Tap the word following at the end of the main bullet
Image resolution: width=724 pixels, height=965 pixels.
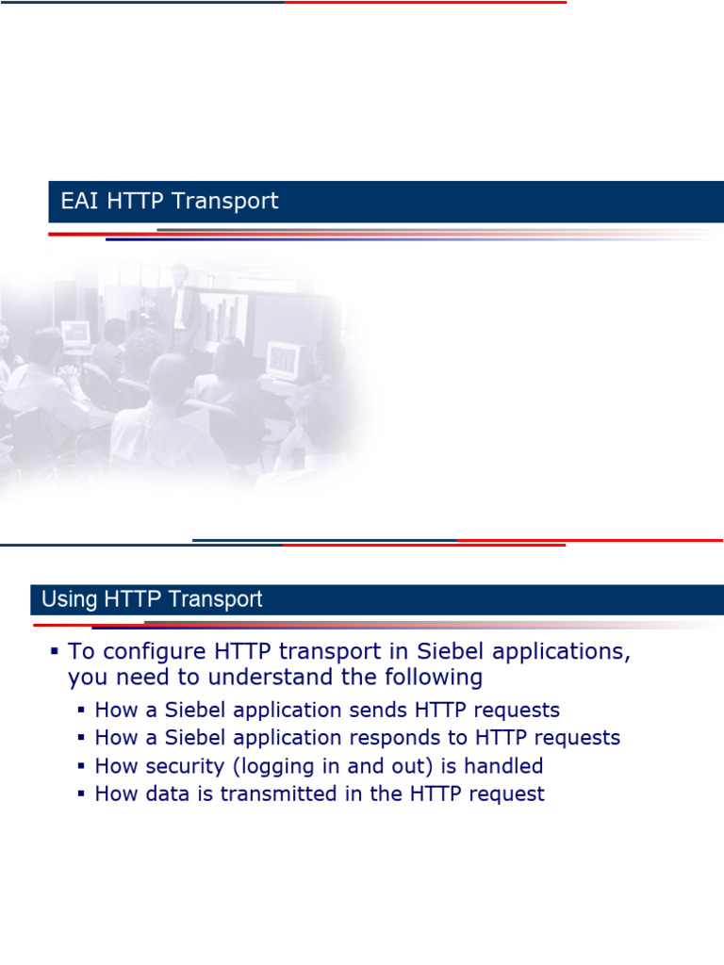tap(431, 678)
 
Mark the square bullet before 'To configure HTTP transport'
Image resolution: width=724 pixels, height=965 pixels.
tap(55, 651)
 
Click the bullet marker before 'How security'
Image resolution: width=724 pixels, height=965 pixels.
tap(82, 766)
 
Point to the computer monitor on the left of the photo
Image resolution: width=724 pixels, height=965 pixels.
tap(76, 333)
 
